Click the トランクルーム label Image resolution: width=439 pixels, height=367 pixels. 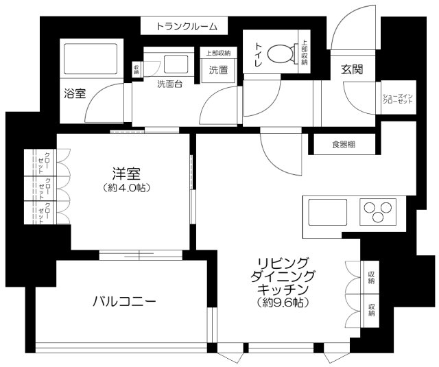pyautogui.click(x=187, y=27)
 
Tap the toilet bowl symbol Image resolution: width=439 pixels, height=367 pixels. pyautogui.click(x=278, y=54)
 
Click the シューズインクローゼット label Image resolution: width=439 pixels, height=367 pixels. pyautogui.click(x=397, y=97)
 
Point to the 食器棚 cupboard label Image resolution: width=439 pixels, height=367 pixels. pyautogui.click(x=344, y=145)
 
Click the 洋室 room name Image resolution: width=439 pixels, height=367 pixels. pyautogui.click(x=122, y=172)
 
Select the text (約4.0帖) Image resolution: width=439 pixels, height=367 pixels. pyautogui.click(x=122, y=187)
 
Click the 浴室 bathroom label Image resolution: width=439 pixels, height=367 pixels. pyautogui.click(x=75, y=93)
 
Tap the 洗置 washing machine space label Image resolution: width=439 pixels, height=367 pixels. pyautogui.click(x=218, y=69)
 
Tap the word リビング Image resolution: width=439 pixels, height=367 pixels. pyautogui.click(x=283, y=263)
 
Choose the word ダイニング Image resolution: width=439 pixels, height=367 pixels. pyautogui.click(x=283, y=276)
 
